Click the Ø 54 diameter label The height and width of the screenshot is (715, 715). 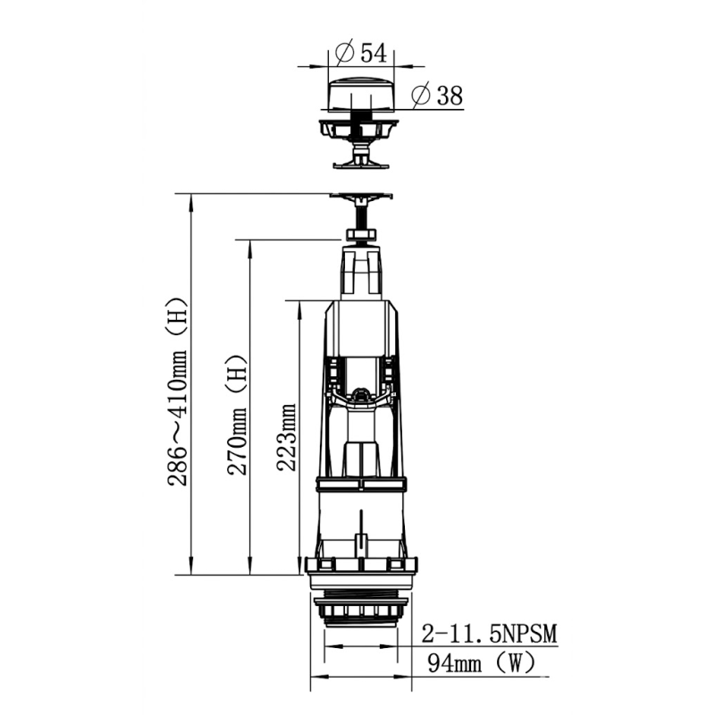pos(360,53)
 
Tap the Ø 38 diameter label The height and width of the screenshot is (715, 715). pos(437,96)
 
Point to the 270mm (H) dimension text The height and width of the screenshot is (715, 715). pos(237,415)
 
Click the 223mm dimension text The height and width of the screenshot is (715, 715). pos(287,437)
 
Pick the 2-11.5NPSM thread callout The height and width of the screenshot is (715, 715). pos(489,634)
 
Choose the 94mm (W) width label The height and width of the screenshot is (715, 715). pos(481,662)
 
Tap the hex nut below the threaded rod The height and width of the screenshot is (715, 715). pos(362,235)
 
